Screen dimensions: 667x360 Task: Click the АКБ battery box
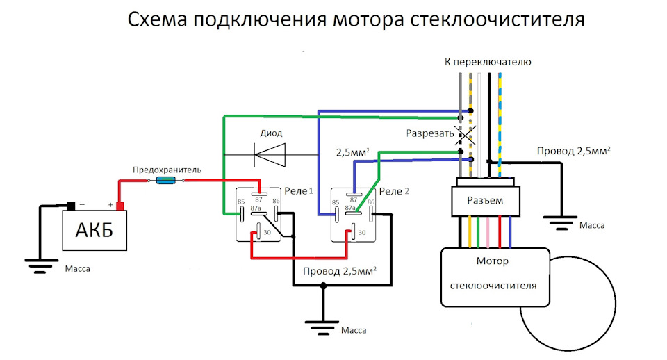point(94,230)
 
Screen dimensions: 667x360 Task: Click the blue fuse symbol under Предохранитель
point(166,181)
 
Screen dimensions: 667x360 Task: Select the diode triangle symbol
point(270,154)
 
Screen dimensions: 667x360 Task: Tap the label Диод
point(271,133)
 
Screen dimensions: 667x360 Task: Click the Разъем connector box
point(486,201)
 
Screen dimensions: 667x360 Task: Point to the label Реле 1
point(299,191)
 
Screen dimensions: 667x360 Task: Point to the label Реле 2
point(394,191)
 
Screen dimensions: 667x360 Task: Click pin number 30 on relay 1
point(267,232)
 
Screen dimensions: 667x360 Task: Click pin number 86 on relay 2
point(371,202)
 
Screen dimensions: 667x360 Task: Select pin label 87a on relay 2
point(350,208)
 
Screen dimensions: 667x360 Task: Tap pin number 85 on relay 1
point(241,202)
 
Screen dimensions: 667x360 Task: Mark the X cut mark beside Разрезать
point(465,136)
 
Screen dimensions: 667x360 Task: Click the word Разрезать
point(430,133)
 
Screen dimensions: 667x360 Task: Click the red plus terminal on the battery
point(120,206)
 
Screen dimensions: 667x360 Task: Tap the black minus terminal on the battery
point(71,206)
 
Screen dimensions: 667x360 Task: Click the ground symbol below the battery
point(40,266)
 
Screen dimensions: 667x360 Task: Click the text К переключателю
point(488,62)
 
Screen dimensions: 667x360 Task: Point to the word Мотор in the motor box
point(492,261)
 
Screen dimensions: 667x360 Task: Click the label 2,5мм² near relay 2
point(353,152)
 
